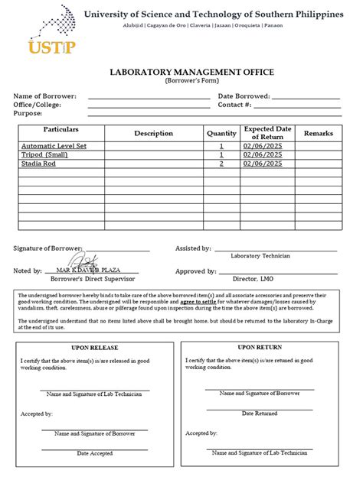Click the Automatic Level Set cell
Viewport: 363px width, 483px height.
[54, 145]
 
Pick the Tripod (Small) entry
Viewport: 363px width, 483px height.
[44, 154]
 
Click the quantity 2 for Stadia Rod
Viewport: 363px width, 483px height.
[221, 164]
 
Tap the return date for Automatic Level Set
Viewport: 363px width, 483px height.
[263, 145]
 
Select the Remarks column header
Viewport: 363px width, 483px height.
[319, 133]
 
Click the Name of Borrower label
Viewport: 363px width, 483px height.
[44, 96]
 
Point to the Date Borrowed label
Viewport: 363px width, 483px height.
[244, 96]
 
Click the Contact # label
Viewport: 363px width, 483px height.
[234, 105]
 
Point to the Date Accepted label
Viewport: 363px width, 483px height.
[95, 453]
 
